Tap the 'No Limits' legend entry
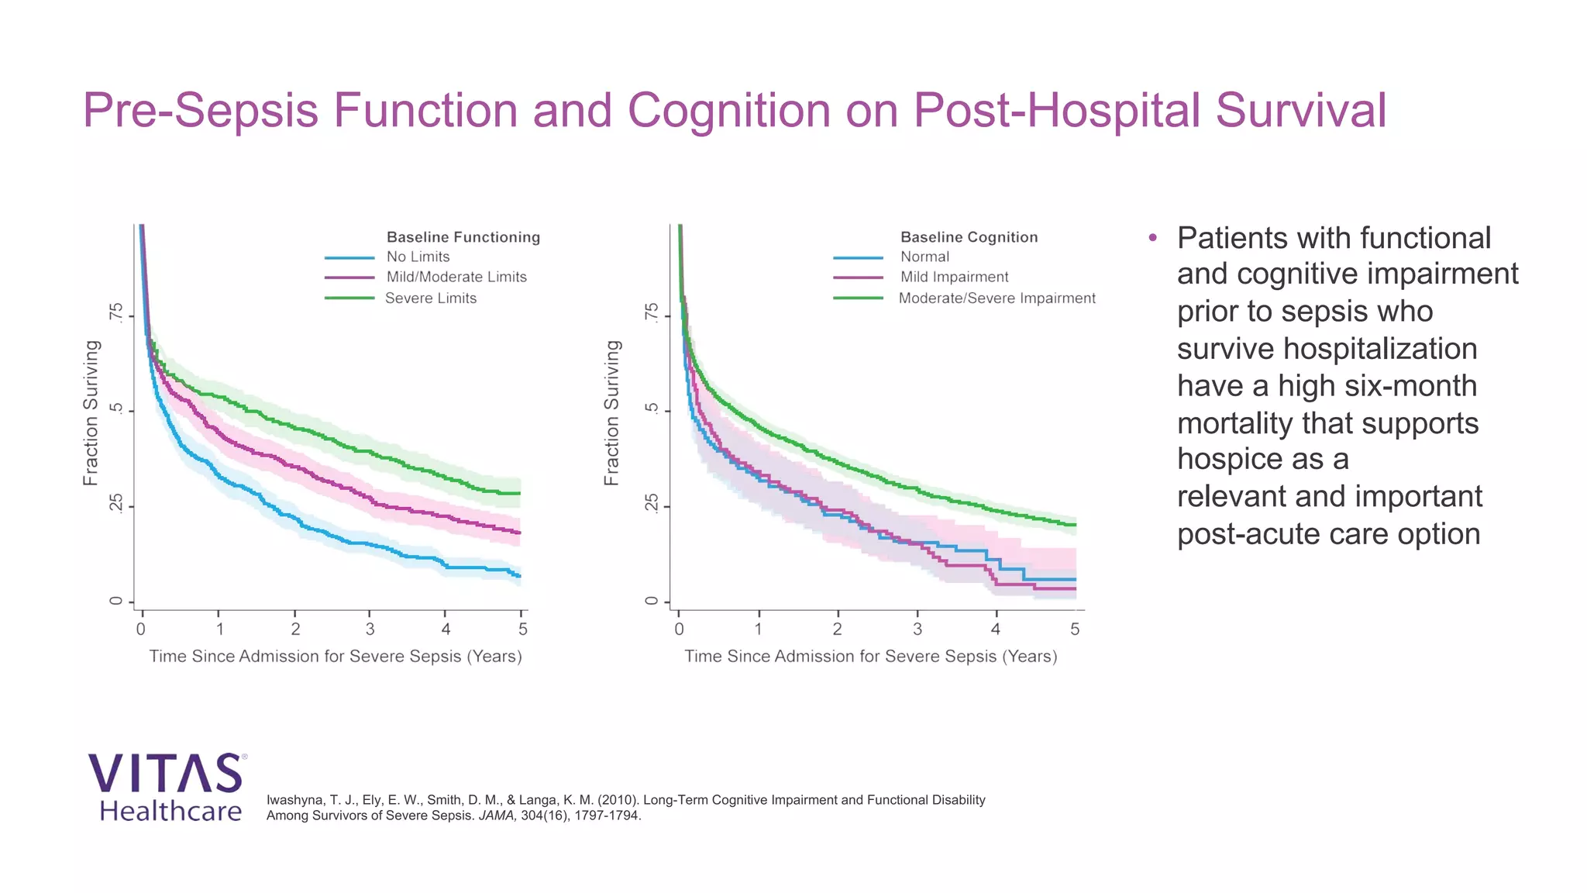[418, 257]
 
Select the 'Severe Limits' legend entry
[430, 298]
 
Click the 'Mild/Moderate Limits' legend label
[456, 277]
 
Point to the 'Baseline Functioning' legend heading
[463, 237]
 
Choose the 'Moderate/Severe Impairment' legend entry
[997, 298]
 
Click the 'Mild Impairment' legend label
[954, 277]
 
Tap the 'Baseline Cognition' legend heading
[969, 237]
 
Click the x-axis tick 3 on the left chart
[370, 629]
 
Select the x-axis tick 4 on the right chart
[995, 629]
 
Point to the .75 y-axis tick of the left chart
[115, 315]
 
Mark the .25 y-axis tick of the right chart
[652, 505]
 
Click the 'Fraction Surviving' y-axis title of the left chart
[91, 413]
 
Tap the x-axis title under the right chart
[870, 657]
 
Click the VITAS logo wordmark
[166, 773]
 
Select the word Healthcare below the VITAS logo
[170, 811]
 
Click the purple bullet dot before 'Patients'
[1153, 237]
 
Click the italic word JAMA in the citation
[497, 815]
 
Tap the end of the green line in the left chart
[519, 493]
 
